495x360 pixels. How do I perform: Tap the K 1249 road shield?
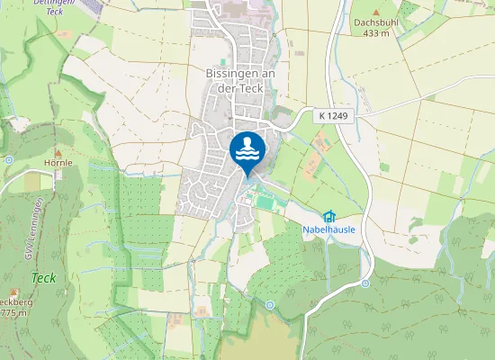click(x=331, y=116)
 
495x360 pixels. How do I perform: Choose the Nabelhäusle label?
click(x=328, y=229)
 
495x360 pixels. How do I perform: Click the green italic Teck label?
click(x=43, y=278)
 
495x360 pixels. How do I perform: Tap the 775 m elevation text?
click(x=9, y=313)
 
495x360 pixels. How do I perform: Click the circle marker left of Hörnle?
click(x=8, y=159)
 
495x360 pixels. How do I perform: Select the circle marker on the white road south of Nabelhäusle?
click(x=365, y=283)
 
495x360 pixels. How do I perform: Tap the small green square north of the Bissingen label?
click(x=223, y=61)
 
